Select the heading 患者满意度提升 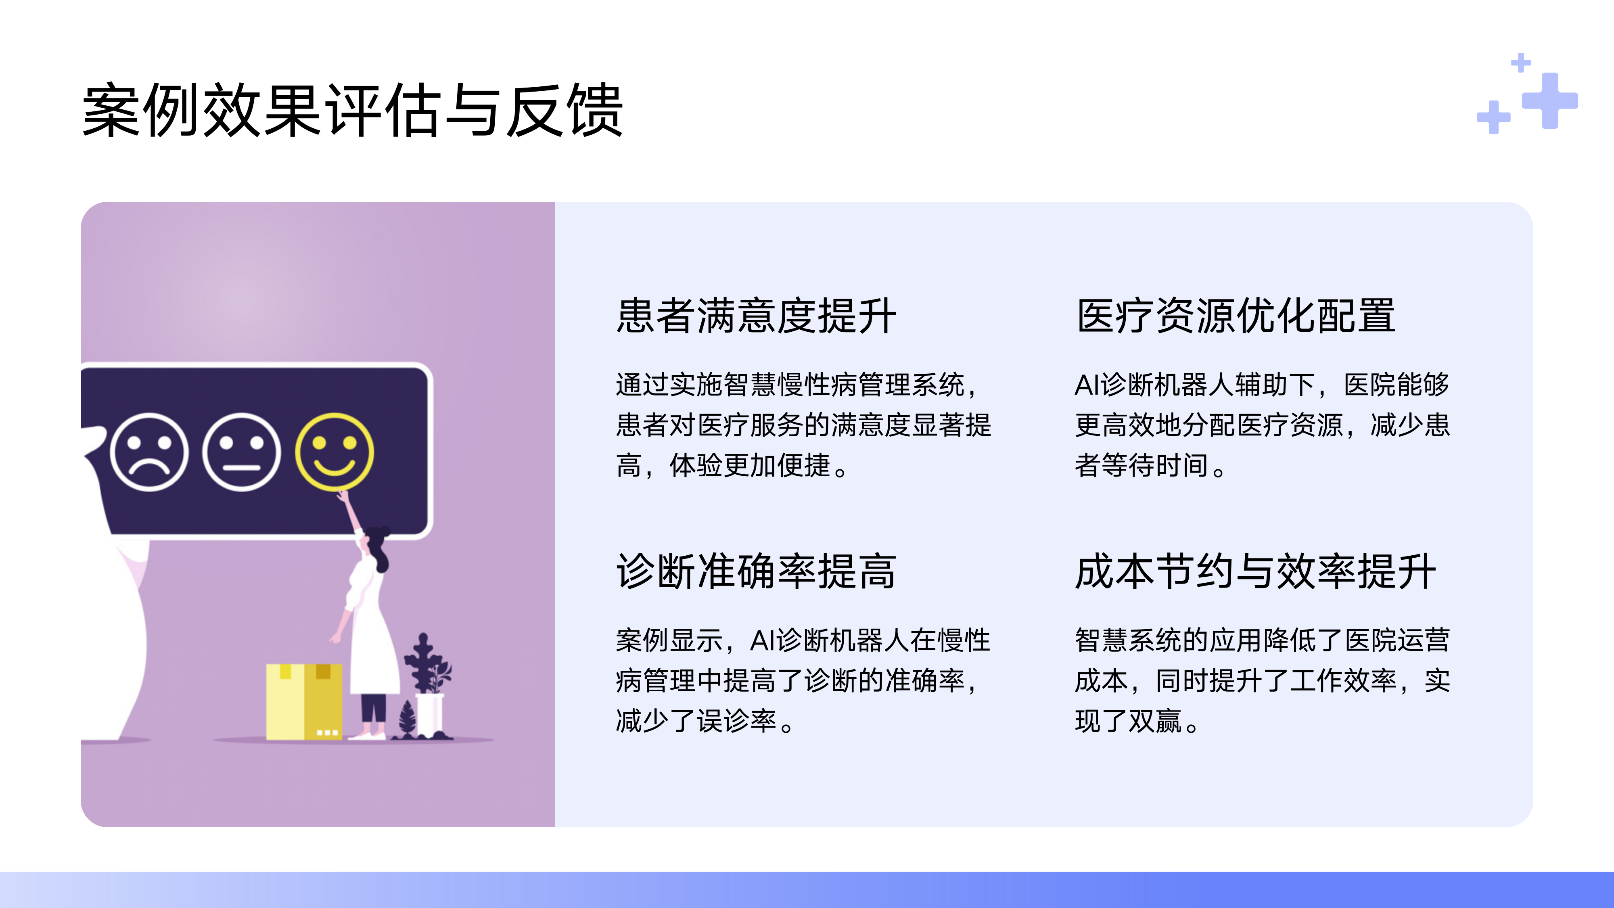point(756,316)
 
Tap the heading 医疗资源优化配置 point(1236,316)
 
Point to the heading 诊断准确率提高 point(756,571)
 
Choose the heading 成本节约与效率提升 point(1255,571)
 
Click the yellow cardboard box point(304,702)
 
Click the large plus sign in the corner point(1549,100)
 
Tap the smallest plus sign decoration point(1521,63)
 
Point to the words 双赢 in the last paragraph point(1155,721)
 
